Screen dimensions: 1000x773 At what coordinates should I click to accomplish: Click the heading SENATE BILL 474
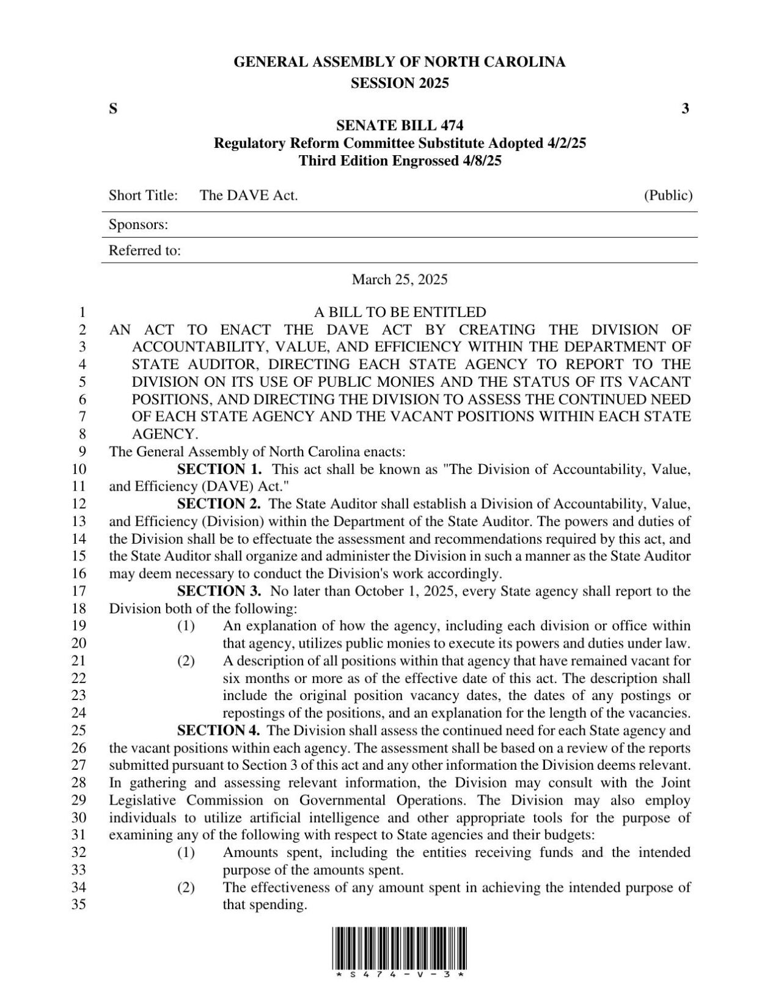click(x=400, y=126)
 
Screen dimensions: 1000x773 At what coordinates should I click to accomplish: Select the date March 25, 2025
click(x=400, y=280)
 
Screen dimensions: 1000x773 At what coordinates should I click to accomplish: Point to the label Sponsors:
click(x=138, y=225)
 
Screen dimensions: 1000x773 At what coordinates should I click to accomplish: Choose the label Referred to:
click(x=144, y=250)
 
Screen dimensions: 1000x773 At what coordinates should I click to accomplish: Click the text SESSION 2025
click(x=400, y=84)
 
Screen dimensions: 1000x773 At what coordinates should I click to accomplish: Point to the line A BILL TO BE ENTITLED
click(x=400, y=312)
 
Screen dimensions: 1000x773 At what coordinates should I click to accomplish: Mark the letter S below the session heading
click(x=113, y=109)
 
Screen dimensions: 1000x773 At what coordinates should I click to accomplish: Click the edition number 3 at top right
click(x=686, y=109)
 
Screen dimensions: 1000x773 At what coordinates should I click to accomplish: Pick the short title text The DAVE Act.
click(x=249, y=195)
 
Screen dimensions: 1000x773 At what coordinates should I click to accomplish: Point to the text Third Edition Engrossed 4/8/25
click(x=400, y=161)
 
